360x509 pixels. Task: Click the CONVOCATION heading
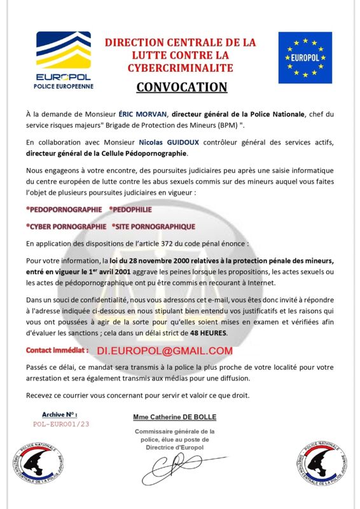point(181,87)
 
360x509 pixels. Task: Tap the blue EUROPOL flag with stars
point(305,58)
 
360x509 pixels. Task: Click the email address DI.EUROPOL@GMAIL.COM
point(165,351)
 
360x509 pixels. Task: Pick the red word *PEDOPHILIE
point(130,209)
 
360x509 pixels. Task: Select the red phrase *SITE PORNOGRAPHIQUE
point(153,226)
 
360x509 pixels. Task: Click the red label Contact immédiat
point(57,350)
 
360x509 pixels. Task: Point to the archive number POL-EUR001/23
point(62,423)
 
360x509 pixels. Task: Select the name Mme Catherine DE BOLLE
point(174,417)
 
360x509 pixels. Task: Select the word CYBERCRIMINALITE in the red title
point(180,67)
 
